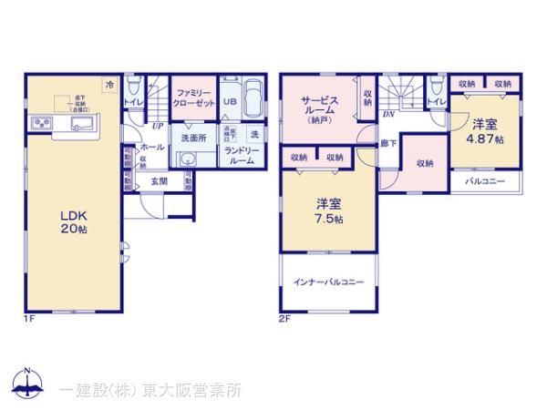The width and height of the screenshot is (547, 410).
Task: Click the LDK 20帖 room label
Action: [73, 222]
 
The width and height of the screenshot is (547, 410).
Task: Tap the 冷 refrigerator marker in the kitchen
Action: [110, 85]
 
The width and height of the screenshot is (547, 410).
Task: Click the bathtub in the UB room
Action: [253, 97]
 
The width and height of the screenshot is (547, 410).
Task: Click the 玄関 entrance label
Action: [159, 180]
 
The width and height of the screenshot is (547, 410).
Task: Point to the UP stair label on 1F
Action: [159, 125]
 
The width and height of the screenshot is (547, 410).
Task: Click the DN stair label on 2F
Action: [387, 115]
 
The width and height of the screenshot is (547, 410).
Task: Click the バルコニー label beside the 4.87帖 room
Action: [485, 181]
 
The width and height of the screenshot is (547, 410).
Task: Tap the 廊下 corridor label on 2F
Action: [388, 144]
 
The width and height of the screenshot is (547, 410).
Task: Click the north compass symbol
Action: [28, 384]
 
